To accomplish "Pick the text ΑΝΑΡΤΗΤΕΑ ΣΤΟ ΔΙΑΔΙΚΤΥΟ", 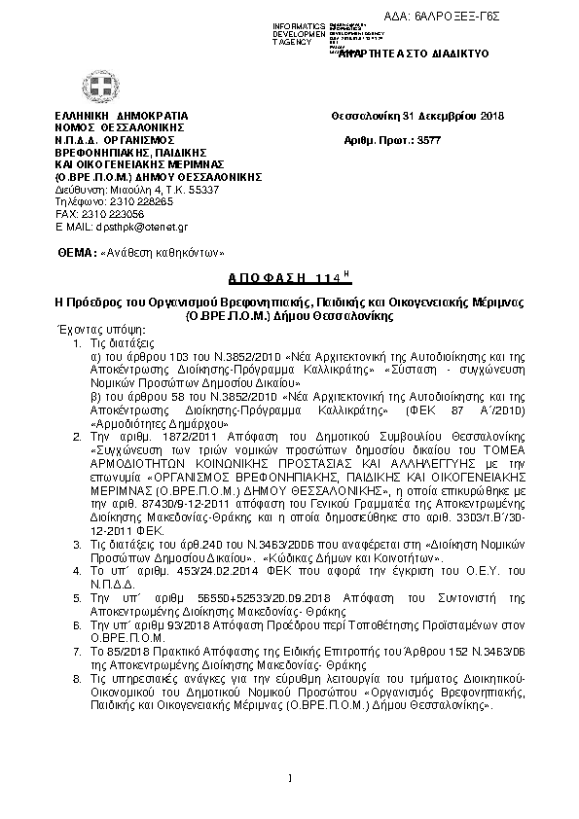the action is click(x=412, y=56).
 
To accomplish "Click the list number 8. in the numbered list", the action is click(x=77, y=675).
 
